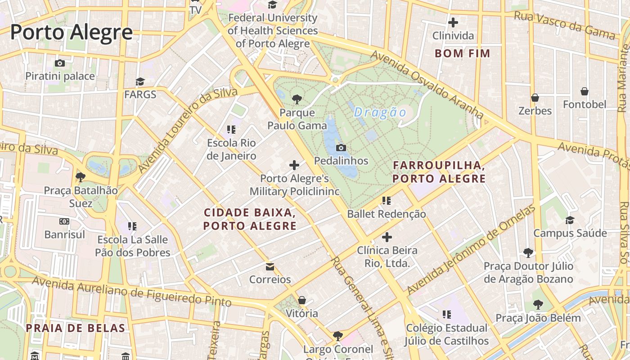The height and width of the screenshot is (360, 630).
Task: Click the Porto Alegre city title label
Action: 71,33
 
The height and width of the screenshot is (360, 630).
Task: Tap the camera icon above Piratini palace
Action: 60,63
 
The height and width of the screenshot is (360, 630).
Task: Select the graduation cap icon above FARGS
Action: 140,81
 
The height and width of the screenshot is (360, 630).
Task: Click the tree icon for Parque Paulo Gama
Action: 297,99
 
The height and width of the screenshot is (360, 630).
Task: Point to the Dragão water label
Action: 380,112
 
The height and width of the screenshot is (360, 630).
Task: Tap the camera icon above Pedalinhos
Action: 341,148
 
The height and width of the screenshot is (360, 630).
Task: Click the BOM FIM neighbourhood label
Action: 462,54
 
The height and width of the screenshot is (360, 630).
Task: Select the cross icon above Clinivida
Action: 453,22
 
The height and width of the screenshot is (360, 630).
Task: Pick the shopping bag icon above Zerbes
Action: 535,97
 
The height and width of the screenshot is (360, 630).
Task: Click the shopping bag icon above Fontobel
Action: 585,91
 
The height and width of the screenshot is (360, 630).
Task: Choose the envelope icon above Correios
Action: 270,267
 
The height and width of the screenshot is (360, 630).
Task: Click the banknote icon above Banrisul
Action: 64,221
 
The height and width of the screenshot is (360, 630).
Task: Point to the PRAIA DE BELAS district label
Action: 75,328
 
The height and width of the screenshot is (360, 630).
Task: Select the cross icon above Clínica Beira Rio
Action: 387,237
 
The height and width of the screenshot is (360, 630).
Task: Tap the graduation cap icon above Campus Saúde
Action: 570,220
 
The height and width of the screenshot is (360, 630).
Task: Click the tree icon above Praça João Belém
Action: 538,305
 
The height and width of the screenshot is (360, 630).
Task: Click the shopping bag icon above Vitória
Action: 302,300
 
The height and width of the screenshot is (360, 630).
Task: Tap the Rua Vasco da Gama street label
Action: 564,25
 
